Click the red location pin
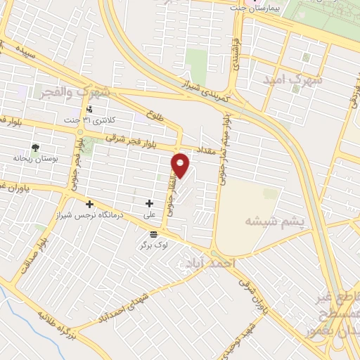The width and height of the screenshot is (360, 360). click(x=181, y=165)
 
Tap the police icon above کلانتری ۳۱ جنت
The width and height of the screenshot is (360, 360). click(x=89, y=108)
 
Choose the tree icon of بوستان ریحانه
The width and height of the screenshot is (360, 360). click(x=34, y=148)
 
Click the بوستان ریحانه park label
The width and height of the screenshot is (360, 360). click(x=34, y=158)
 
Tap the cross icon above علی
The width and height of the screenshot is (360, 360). click(x=149, y=203)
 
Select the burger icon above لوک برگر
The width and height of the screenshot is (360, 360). click(x=153, y=233)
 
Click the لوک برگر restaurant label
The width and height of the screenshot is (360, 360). click(x=153, y=244)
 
